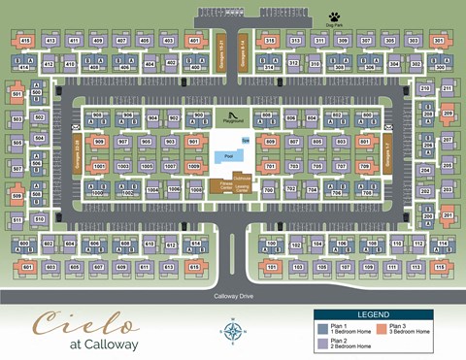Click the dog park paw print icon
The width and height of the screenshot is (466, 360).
334,17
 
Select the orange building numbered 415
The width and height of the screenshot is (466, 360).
25,41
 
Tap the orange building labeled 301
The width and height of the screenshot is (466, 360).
439,41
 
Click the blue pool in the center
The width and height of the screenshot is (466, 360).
229,155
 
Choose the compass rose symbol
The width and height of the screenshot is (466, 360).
233,332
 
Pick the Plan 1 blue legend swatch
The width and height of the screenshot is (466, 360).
321,327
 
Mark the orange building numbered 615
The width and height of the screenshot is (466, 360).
193,265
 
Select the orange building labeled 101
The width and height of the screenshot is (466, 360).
272,265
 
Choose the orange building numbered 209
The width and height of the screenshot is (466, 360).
448,115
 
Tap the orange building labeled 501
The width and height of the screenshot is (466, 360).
17,95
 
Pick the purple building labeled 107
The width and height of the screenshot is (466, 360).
346,265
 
